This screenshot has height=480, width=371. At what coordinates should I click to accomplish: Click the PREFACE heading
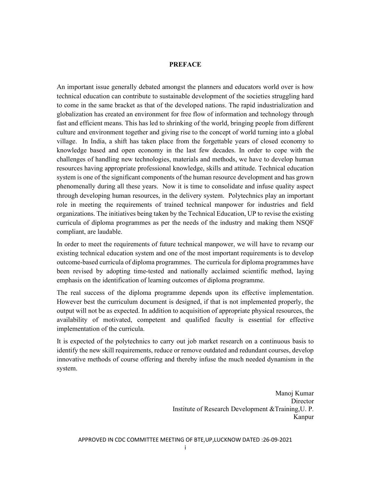pos(185,65)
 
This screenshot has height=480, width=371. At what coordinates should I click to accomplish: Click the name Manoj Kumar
pos(294,393)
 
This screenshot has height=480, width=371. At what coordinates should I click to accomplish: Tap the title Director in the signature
pos(302,401)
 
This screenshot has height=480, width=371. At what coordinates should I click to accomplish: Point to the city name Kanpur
pos(303,417)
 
